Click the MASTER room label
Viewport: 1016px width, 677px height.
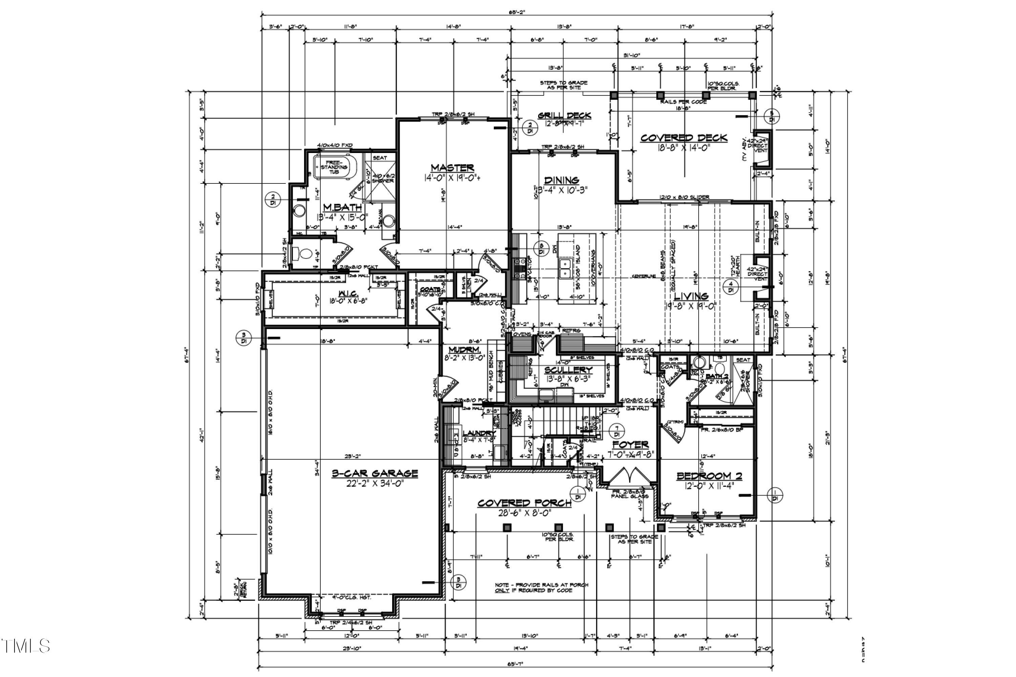pos(452,168)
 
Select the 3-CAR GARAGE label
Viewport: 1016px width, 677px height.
pos(375,474)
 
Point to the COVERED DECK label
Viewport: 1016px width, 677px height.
pos(684,138)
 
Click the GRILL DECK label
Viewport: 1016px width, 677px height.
pos(564,115)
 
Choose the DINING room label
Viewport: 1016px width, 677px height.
pos(561,180)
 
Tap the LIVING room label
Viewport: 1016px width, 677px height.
pos(691,296)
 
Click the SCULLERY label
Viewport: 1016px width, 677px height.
pos(568,370)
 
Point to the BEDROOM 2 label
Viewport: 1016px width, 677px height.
pos(709,476)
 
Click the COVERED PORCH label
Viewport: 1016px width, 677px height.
pos(524,503)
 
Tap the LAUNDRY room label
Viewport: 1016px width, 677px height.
pos(479,433)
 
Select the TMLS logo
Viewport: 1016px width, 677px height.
pos(26,646)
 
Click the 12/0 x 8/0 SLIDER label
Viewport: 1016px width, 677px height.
pos(684,197)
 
